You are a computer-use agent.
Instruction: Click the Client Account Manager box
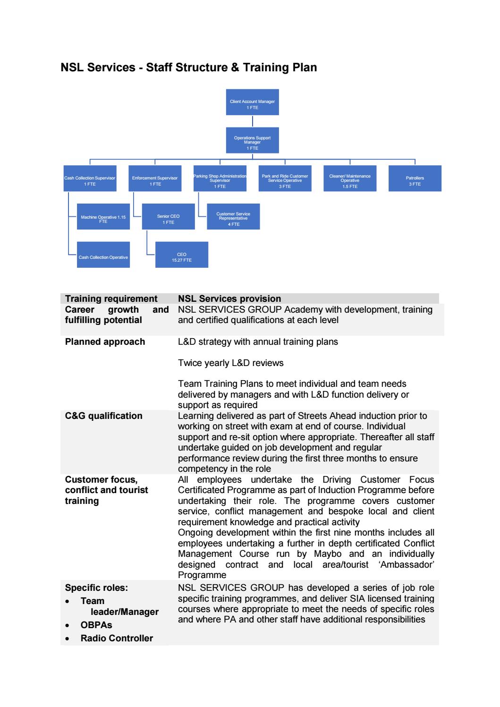[252, 102]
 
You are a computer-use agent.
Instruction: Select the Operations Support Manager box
[252, 140]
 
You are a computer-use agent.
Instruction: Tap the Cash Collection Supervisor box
[90, 179]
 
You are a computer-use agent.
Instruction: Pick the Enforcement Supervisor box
[155, 179]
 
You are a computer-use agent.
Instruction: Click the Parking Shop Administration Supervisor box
[220, 179]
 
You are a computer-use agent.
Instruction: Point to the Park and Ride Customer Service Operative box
[285, 179]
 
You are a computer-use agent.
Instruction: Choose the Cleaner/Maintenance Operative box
[350, 179]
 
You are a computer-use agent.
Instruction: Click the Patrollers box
[415, 179]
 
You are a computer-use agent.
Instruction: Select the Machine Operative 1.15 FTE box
[103, 217]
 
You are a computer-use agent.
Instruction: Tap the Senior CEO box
[168, 217]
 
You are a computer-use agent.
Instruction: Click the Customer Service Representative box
[233, 217]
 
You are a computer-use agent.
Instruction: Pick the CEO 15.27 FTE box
[181, 255]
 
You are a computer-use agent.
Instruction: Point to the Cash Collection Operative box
[103, 255]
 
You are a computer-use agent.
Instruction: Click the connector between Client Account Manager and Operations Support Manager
[253, 121]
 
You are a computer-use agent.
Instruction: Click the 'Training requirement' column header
[111, 299]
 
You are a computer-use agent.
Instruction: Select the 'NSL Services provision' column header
[229, 299]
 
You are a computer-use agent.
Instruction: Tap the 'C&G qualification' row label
[103, 416]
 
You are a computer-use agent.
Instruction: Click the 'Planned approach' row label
[105, 342]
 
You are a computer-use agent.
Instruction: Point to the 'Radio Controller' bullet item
[117, 639]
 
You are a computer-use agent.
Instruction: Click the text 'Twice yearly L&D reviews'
[230, 363]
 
